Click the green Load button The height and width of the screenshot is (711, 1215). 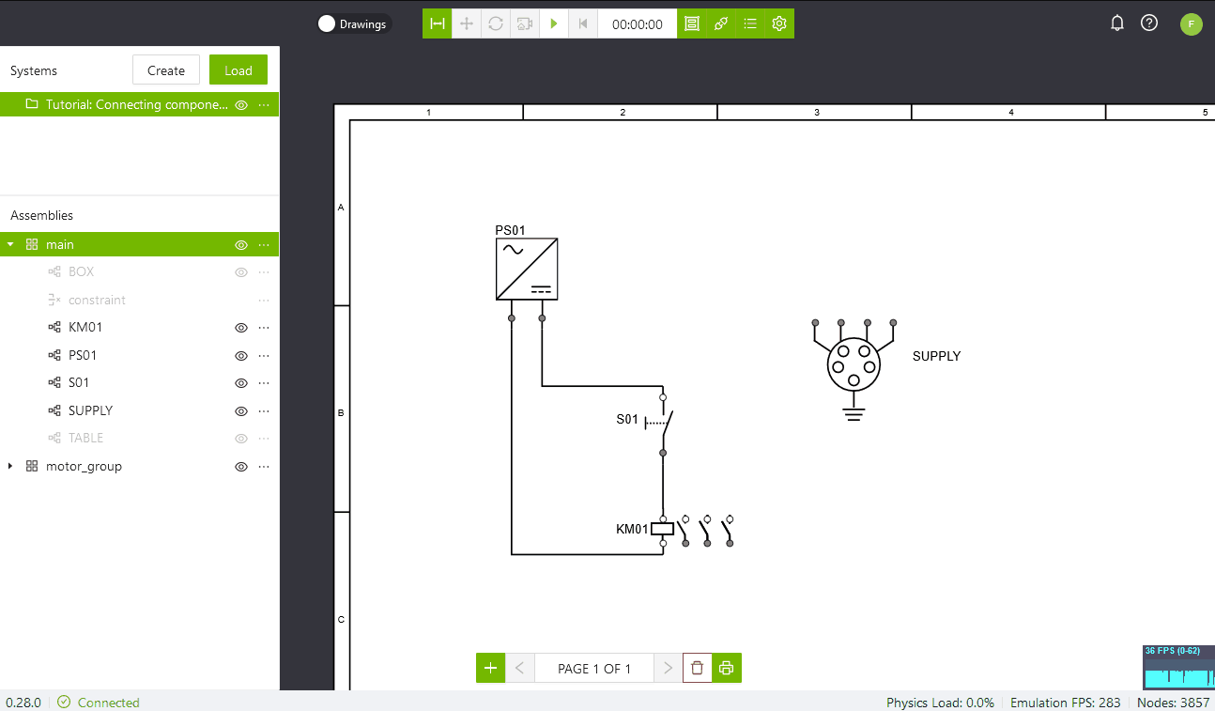point(238,70)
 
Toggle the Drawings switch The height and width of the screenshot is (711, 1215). point(327,23)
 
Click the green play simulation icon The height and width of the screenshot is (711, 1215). point(554,23)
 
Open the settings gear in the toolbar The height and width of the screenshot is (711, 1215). point(779,23)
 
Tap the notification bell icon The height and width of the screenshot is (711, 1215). point(1116,23)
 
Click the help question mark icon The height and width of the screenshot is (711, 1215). point(1149,23)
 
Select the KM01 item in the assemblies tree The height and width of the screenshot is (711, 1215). point(85,327)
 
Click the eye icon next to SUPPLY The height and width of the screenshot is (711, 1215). point(240,411)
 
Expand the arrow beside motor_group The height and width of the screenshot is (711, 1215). point(9,466)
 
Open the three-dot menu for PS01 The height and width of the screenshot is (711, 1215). point(264,356)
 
